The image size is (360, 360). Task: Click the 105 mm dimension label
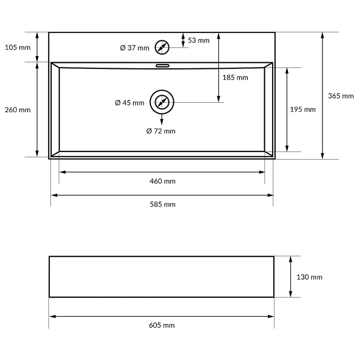[18, 48]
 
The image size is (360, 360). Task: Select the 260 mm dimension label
[18, 110]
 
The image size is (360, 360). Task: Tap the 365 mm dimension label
[341, 96]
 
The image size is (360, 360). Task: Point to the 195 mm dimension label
[303, 109]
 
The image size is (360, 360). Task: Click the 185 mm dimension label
[235, 78]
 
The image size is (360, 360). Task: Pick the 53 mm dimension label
[199, 40]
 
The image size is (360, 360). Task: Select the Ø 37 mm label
[135, 48]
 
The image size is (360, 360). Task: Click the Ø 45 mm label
[130, 103]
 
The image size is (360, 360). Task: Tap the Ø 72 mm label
[161, 131]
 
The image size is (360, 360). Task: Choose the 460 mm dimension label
[163, 181]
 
